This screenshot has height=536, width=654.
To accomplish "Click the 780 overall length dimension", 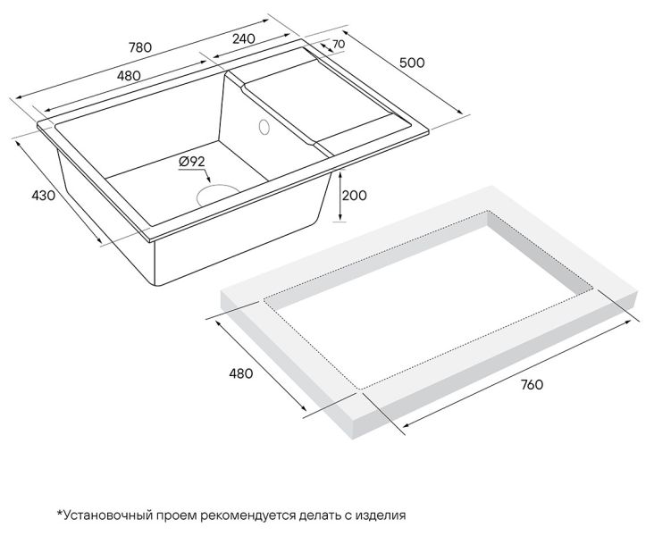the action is (x=139, y=47).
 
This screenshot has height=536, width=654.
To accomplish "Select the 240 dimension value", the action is (x=244, y=38).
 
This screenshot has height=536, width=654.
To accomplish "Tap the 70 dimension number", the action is (x=339, y=44).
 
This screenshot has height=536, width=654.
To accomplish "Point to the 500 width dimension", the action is (x=412, y=63).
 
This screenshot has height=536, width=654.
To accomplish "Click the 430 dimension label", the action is (x=44, y=196).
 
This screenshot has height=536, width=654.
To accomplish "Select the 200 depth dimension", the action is (x=354, y=196).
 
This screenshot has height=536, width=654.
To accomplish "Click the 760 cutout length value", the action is (x=532, y=384).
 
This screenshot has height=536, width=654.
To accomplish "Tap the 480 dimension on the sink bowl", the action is (x=129, y=76).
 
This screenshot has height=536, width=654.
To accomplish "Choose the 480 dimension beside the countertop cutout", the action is (x=240, y=373).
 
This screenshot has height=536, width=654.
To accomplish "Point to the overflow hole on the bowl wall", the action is (x=264, y=127).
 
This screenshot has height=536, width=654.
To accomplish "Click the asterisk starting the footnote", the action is (x=60, y=513).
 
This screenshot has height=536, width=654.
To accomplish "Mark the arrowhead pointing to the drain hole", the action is (x=209, y=180).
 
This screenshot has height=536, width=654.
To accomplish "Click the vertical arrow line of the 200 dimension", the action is (x=340, y=196).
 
